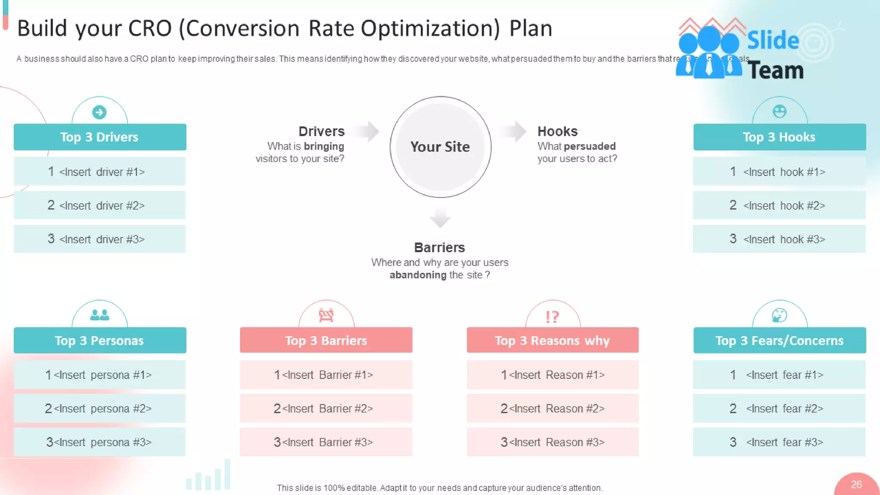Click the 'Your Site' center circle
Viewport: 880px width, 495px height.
(x=440, y=147)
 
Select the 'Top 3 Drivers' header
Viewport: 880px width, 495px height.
(x=100, y=137)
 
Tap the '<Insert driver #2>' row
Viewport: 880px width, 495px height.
(x=100, y=205)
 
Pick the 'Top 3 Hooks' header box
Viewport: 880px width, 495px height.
(x=779, y=137)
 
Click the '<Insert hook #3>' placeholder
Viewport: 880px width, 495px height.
(x=779, y=239)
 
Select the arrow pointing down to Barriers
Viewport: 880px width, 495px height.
(x=440, y=217)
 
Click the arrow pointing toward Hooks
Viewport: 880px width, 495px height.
(x=514, y=131)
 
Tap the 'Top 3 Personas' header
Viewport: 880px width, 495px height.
(x=100, y=340)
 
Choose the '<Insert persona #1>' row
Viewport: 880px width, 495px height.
(x=100, y=375)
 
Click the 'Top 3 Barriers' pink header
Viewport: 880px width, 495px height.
(x=326, y=340)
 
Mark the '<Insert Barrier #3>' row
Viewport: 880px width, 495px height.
(x=326, y=442)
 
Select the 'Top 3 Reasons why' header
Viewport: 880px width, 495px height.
(x=553, y=340)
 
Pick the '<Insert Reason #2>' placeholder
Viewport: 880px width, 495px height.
(x=553, y=408)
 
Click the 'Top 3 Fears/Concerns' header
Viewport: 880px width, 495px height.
(x=779, y=340)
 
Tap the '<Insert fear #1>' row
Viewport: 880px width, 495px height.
(x=779, y=375)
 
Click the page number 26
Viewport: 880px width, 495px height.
(x=856, y=485)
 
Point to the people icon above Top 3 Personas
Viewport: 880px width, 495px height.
(x=100, y=315)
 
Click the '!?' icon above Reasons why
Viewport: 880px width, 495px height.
(x=553, y=317)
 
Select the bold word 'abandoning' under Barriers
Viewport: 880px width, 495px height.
(x=418, y=275)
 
